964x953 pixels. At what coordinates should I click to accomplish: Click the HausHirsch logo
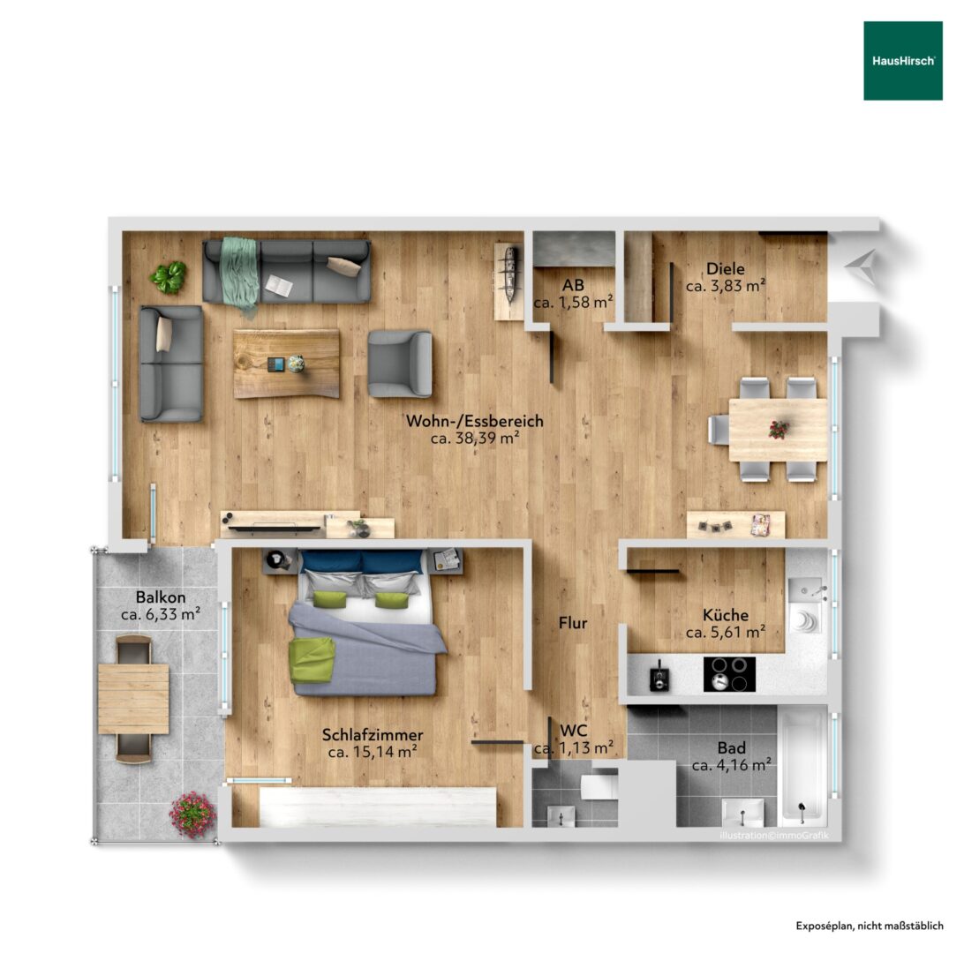(x=902, y=61)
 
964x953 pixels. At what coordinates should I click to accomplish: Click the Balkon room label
(x=161, y=597)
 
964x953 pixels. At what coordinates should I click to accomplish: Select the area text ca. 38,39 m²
(x=475, y=438)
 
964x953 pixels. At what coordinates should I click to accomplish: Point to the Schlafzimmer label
(x=373, y=735)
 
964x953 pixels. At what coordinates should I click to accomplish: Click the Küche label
(x=726, y=614)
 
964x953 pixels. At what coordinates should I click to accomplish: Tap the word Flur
(x=573, y=623)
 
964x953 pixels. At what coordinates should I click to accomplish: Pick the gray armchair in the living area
(x=400, y=364)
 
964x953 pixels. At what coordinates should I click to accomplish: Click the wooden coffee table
(x=287, y=364)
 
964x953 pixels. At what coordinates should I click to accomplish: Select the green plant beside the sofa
(x=168, y=277)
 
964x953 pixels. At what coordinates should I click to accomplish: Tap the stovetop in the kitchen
(x=729, y=674)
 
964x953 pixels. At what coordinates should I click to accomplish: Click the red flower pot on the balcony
(x=193, y=814)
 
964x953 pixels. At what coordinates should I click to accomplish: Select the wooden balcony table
(x=133, y=699)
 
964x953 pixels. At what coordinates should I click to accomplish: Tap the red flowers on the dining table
(x=779, y=430)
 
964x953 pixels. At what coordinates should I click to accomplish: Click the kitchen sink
(x=805, y=590)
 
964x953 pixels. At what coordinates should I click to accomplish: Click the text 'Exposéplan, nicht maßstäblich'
(x=870, y=926)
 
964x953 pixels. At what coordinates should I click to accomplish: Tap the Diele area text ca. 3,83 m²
(x=726, y=286)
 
